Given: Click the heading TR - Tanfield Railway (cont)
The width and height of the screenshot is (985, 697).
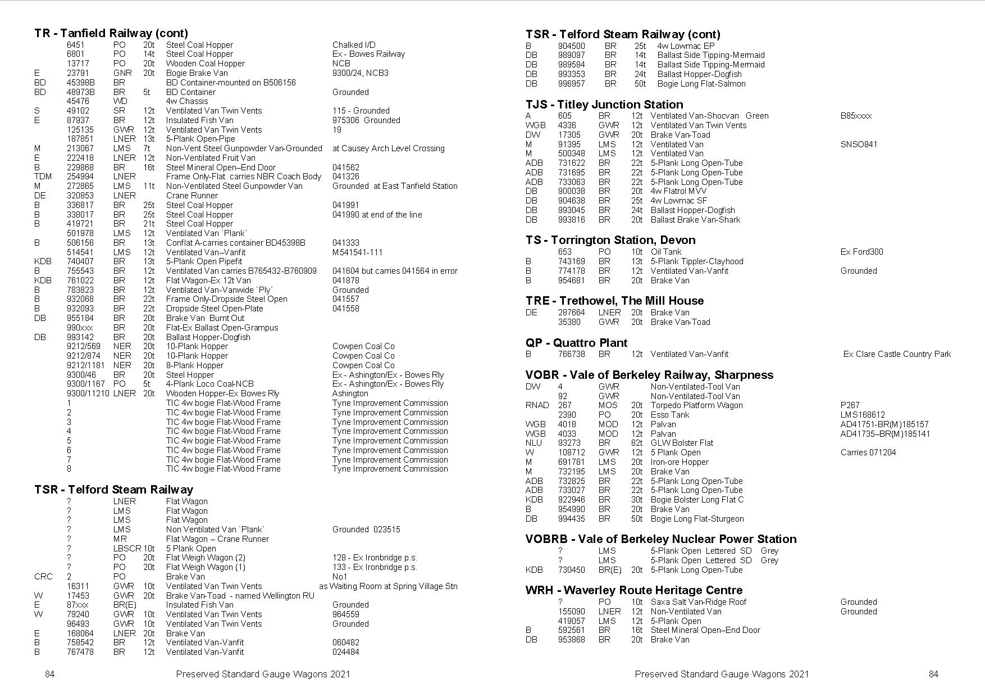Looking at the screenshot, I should [x=111, y=33].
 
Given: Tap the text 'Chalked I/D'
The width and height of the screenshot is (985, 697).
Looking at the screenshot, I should [x=354, y=45].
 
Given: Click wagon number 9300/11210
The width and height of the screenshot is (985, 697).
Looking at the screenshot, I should [x=88, y=393].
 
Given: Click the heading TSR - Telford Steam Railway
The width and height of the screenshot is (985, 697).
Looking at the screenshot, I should [x=113, y=490].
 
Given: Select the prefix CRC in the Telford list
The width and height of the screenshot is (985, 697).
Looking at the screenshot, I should [x=43, y=577].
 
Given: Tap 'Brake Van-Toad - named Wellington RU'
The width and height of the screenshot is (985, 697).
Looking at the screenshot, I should [x=240, y=596].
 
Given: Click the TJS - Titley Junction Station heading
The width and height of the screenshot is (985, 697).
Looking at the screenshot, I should [x=604, y=105].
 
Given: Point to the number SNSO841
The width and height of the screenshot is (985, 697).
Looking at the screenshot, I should [x=859, y=144].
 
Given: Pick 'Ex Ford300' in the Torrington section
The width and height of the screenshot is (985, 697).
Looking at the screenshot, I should [x=861, y=252].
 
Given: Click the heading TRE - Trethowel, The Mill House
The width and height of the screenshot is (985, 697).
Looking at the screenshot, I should [x=614, y=301].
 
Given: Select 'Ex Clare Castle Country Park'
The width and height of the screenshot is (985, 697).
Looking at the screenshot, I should [x=897, y=354].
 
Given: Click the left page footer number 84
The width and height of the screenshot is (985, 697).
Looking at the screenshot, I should [x=49, y=675].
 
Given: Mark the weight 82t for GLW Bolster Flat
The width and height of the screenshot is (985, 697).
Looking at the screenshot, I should [x=636, y=443].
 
